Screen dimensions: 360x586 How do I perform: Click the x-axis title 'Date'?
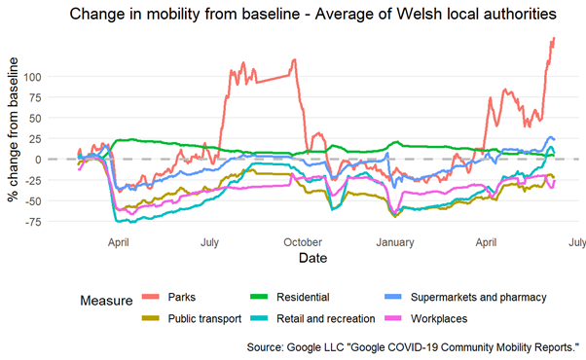point(312,260)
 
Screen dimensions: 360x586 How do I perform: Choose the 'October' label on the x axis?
point(303,241)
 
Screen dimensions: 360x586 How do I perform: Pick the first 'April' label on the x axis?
point(120,241)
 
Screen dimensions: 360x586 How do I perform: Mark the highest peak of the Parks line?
point(553,39)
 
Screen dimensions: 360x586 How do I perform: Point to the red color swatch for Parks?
point(151,297)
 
